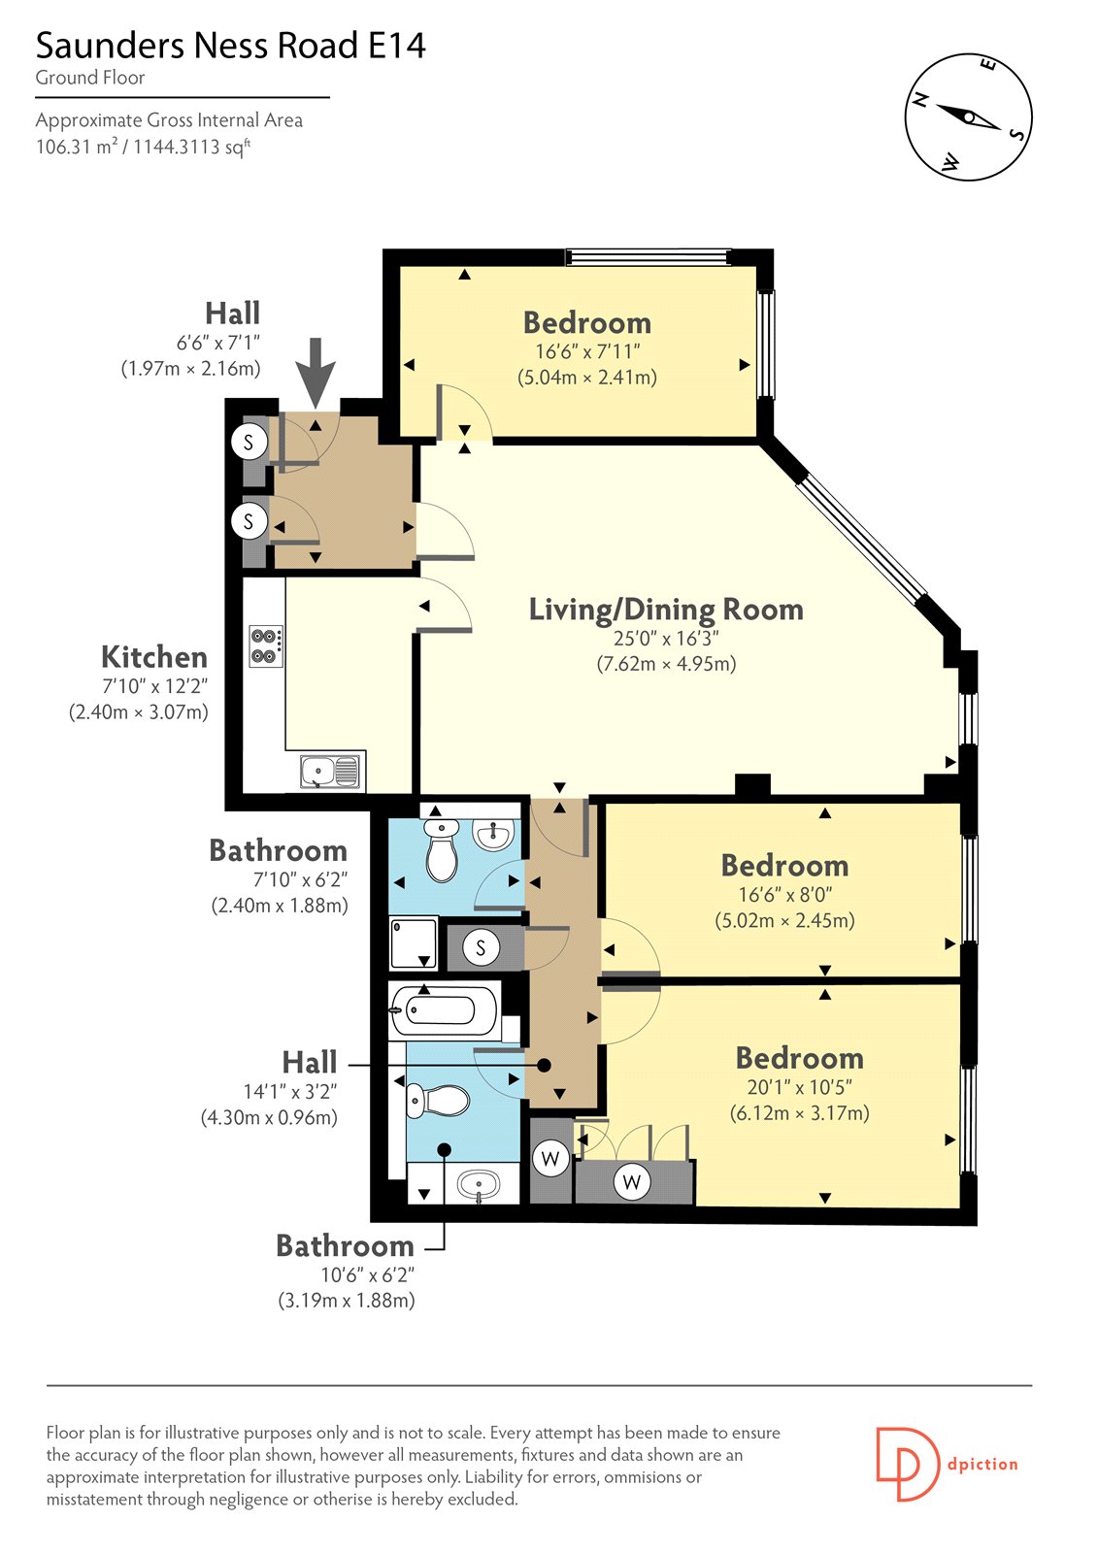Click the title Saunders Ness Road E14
(x=230, y=46)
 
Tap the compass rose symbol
(x=968, y=117)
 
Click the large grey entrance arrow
(x=316, y=373)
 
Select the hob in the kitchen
(x=266, y=646)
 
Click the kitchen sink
(x=330, y=771)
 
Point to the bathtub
(x=445, y=1010)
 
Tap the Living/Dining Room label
(x=666, y=609)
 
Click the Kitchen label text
(x=154, y=656)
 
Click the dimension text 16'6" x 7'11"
(x=586, y=351)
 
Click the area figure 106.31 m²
(x=77, y=147)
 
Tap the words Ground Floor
(x=90, y=78)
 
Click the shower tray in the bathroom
(x=415, y=942)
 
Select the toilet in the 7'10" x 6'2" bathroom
(x=441, y=849)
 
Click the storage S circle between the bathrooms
(x=481, y=947)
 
